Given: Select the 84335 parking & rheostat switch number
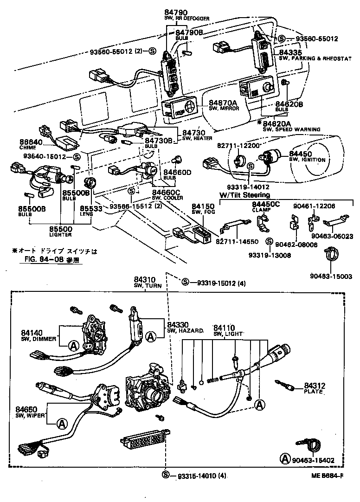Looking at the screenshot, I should click(x=289, y=52).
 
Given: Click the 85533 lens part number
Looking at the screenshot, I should click(x=91, y=209).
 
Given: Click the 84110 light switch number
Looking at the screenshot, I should click(x=224, y=328).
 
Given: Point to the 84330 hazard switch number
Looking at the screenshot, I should click(x=178, y=325).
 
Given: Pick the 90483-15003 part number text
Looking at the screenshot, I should click(x=331, y=276).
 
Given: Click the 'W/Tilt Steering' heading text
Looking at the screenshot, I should click(x=245, y=195).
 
